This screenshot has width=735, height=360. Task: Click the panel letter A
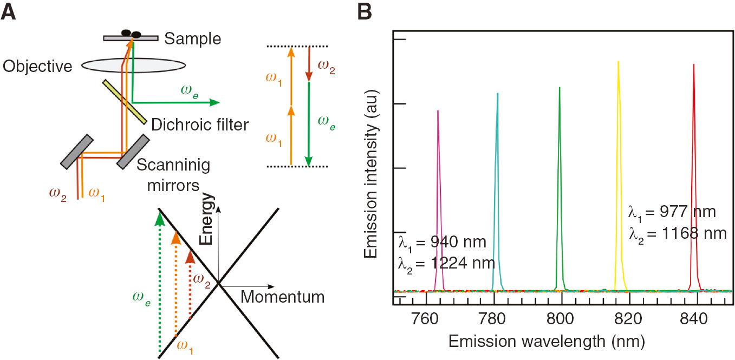tap(9, 11)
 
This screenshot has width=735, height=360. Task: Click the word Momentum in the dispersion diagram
tap(282, 297)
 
